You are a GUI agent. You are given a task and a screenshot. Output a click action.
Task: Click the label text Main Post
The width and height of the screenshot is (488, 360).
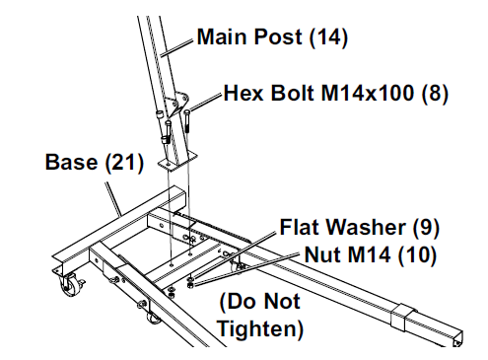coord(249,38)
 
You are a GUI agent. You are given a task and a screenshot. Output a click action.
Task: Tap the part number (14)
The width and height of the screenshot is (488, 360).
coord(328,38)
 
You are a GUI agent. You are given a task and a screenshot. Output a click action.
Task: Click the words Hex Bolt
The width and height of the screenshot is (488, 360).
coord(261,96)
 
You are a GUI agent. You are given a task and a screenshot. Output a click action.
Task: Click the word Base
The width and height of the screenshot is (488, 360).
coord(72,162)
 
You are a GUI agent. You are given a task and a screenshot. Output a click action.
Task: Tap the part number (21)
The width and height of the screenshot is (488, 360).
coord(124,162)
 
